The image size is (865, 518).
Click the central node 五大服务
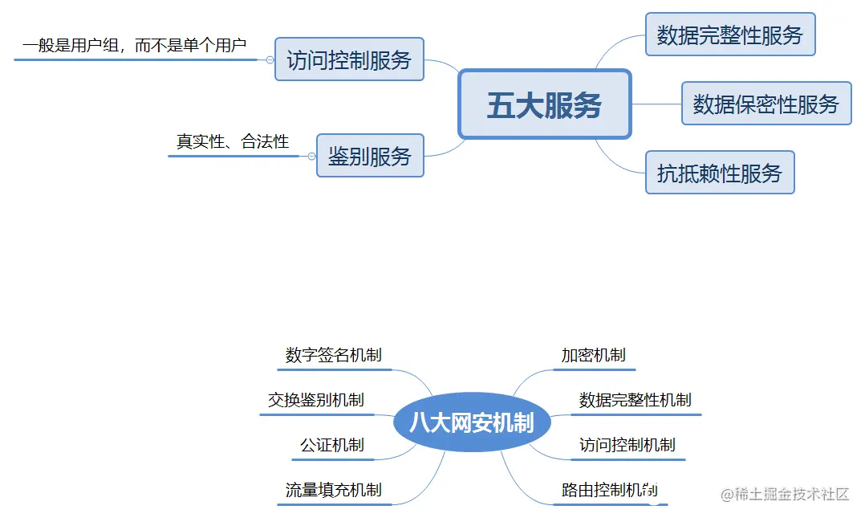tap(545, 104)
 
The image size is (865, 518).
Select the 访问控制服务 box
tap(349, 59)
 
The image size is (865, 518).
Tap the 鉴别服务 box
tap(370, 156)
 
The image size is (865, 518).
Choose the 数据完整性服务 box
tap(730, 35)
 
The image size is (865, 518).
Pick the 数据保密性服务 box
tap(766, 104)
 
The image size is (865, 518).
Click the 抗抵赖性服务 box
tap(720, 173)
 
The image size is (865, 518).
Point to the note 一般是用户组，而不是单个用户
tap(134, 46)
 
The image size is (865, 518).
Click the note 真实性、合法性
tap(233, 142)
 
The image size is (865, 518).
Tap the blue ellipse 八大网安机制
tap(472, 422)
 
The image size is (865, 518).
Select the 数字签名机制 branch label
tap(334, 355)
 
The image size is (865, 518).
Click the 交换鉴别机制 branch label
tap(316, 400)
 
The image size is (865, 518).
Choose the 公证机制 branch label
tap(332, 445)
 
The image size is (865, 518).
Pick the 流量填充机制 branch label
tap(334, 490)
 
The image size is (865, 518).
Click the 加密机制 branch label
tap(594, 355)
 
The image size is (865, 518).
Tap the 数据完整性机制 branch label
tap(636, 400)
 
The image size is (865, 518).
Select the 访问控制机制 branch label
tap(627, 445)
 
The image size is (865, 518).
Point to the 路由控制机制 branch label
tap(610, 490)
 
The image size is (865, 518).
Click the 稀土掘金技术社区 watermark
tap(785, 494)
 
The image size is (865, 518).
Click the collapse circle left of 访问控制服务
tap(270, 59)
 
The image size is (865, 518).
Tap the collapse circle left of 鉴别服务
tap(312, 156)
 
